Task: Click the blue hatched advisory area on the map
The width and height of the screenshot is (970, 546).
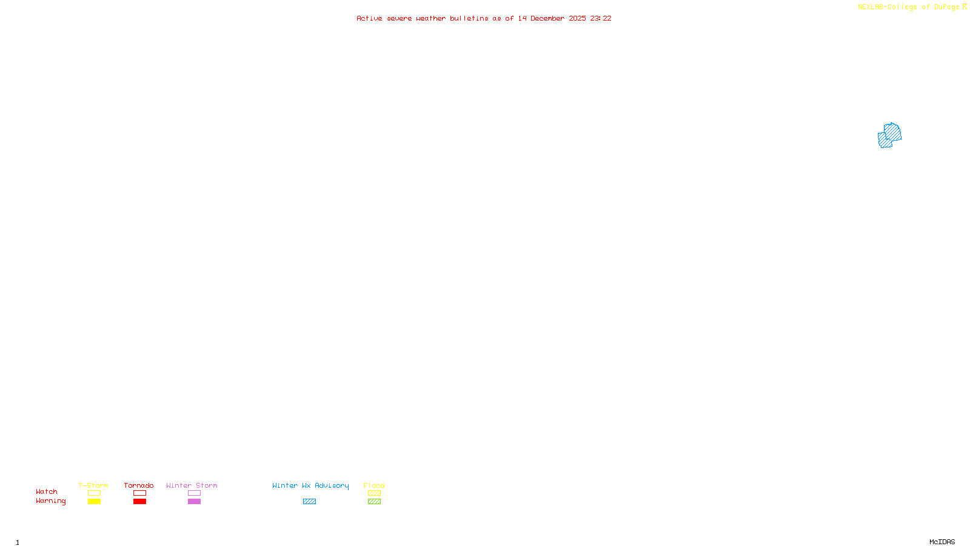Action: point(889,135)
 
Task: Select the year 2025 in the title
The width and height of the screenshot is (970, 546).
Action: point(577,18)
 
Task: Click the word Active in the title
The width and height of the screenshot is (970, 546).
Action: point(369,18)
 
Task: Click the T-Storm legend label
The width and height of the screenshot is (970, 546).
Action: point(93,485)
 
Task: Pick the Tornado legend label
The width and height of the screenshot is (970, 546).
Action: point(139,485)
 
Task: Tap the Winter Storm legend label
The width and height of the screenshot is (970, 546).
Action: point(192,485)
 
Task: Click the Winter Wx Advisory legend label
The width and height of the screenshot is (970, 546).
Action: point(310,485)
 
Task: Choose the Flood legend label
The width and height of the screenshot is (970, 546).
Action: point(374,485)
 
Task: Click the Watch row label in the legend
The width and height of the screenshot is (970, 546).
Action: point(47,491)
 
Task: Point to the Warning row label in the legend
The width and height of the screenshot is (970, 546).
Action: point(50,501)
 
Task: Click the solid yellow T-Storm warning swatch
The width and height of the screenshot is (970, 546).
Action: point(94,502)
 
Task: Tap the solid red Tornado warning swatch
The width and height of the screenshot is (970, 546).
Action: point(139,502)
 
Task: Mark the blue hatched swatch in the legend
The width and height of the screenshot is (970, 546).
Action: point(309,502)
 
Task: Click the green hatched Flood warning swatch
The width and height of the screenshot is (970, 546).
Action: point(374,502)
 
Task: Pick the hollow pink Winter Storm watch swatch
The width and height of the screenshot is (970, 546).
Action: point(194,493)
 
